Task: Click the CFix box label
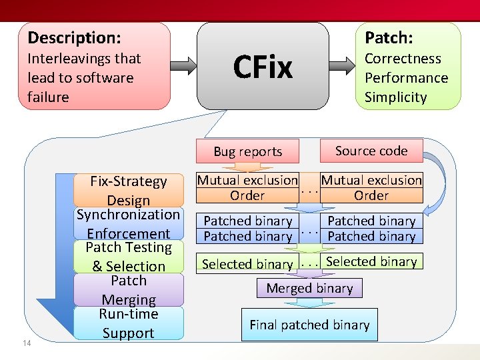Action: [x=263, y=67]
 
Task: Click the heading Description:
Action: [x=74, y=38]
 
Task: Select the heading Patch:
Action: [x=389, y=38]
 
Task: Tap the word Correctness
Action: [x=403, y=59]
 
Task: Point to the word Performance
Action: [x=406, y=78]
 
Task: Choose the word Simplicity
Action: [x=395, y=97]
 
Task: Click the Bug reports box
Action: [x=247, y=152]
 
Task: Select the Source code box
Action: [x=371, y=151]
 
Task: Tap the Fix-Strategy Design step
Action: [x=129, y=191]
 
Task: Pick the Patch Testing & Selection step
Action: [x=129, y=257]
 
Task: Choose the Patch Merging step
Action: [x=129, y=290]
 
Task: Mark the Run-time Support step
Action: [x=129, y=323]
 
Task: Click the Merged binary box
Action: [x=309, y=288]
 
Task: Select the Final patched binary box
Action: [x=309, y=325]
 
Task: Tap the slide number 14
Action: [x=27, y=343]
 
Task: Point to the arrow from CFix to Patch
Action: [x=343, y=65]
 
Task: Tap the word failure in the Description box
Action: [x=48, y=97]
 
